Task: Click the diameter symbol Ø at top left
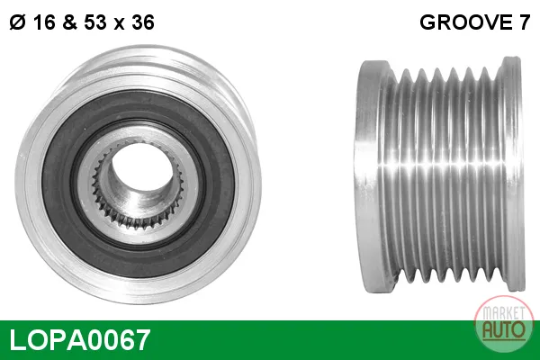click(x=18, y=22)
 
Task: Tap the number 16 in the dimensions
click(x=44, y=22)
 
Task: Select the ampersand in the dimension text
click(x=70, y=22)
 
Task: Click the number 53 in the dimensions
click(x=95, y=22)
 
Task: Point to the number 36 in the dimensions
click(x=143, y=22)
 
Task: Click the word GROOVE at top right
click(x=466, y=22)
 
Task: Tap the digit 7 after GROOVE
click(x=524, y=22)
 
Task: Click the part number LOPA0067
click(x=80, y=339)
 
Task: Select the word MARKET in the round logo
click(x=504, y=312)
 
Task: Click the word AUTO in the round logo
click(x=504, y=329)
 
